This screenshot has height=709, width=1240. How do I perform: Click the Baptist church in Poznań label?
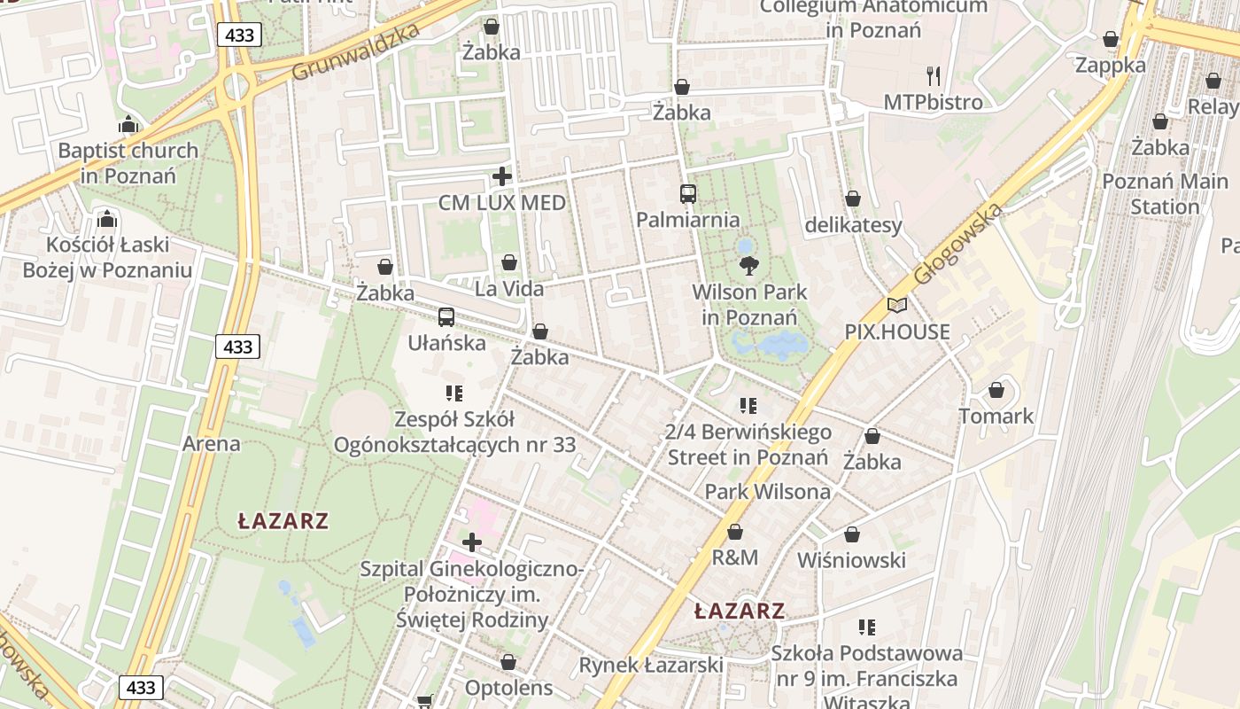(128, 162)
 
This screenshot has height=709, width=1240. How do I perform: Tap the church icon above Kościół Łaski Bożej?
(107, 218)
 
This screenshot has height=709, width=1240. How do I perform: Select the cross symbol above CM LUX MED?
(502, 176)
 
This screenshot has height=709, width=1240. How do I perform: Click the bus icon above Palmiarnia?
(687, 193)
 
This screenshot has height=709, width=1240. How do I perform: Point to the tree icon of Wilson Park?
(748, 265)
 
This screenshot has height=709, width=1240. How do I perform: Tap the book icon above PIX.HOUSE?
(896, 306)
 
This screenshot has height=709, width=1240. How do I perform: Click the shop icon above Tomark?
(996, 390)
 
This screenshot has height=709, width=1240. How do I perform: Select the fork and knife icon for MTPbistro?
(933, 75)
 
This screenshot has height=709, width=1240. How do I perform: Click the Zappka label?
(1110, 65)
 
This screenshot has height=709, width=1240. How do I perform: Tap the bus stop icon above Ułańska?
(446, 316)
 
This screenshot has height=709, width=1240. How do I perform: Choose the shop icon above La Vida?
(509, 262)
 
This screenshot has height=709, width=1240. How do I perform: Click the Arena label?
(211, 443)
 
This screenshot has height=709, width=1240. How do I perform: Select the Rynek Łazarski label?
(651, 665)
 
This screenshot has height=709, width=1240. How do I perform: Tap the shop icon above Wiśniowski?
(851, 534)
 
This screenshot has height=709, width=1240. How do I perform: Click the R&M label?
(735, 557)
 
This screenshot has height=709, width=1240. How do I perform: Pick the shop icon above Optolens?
(508, 662)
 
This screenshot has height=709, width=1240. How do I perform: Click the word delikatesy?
(853, 225)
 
